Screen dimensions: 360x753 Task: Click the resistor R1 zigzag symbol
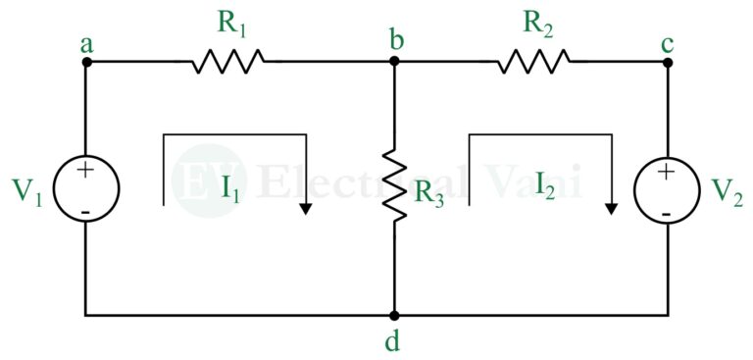227,62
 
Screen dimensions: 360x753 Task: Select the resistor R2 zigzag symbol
533,62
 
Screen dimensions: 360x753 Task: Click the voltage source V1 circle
86,187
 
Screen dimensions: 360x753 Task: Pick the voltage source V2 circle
667,187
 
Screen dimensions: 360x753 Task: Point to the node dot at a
86,61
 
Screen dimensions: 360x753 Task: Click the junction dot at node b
394,61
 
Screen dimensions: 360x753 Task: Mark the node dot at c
667,61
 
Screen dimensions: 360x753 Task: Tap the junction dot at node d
394,316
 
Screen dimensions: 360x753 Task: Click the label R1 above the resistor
230,25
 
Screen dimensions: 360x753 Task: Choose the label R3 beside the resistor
429,192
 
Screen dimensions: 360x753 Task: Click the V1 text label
29,190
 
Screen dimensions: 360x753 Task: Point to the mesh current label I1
230,186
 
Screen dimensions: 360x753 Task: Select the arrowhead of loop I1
307,207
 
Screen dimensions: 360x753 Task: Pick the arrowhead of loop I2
612,207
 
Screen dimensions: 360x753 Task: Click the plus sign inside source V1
86,170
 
